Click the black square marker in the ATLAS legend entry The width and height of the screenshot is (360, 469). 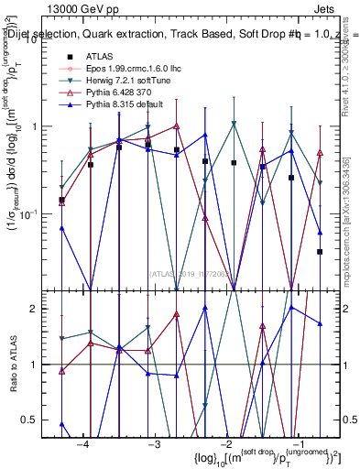point(70,58)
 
